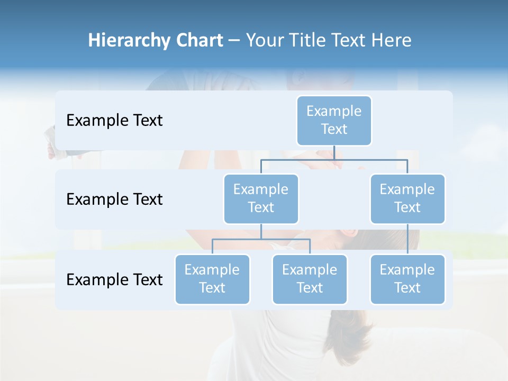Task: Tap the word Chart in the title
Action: tap(198, 40)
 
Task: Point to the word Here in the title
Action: tap(392, 40)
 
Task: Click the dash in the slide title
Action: tap(234, 41)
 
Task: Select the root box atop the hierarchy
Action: tap(334, 120)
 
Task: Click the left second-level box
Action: tap(261, 198)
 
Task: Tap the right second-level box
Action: tap(407, 198)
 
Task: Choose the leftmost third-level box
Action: tap(212, 279)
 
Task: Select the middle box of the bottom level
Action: tap(310, 279)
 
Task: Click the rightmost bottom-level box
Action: tap(407, 279)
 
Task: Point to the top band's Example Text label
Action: tap(114, 120)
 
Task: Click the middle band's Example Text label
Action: tap(114, 199)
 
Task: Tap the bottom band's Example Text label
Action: tap(114, 279)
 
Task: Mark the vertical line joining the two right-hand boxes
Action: tap(407, 239)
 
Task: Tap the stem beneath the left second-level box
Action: tap(261, 231)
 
